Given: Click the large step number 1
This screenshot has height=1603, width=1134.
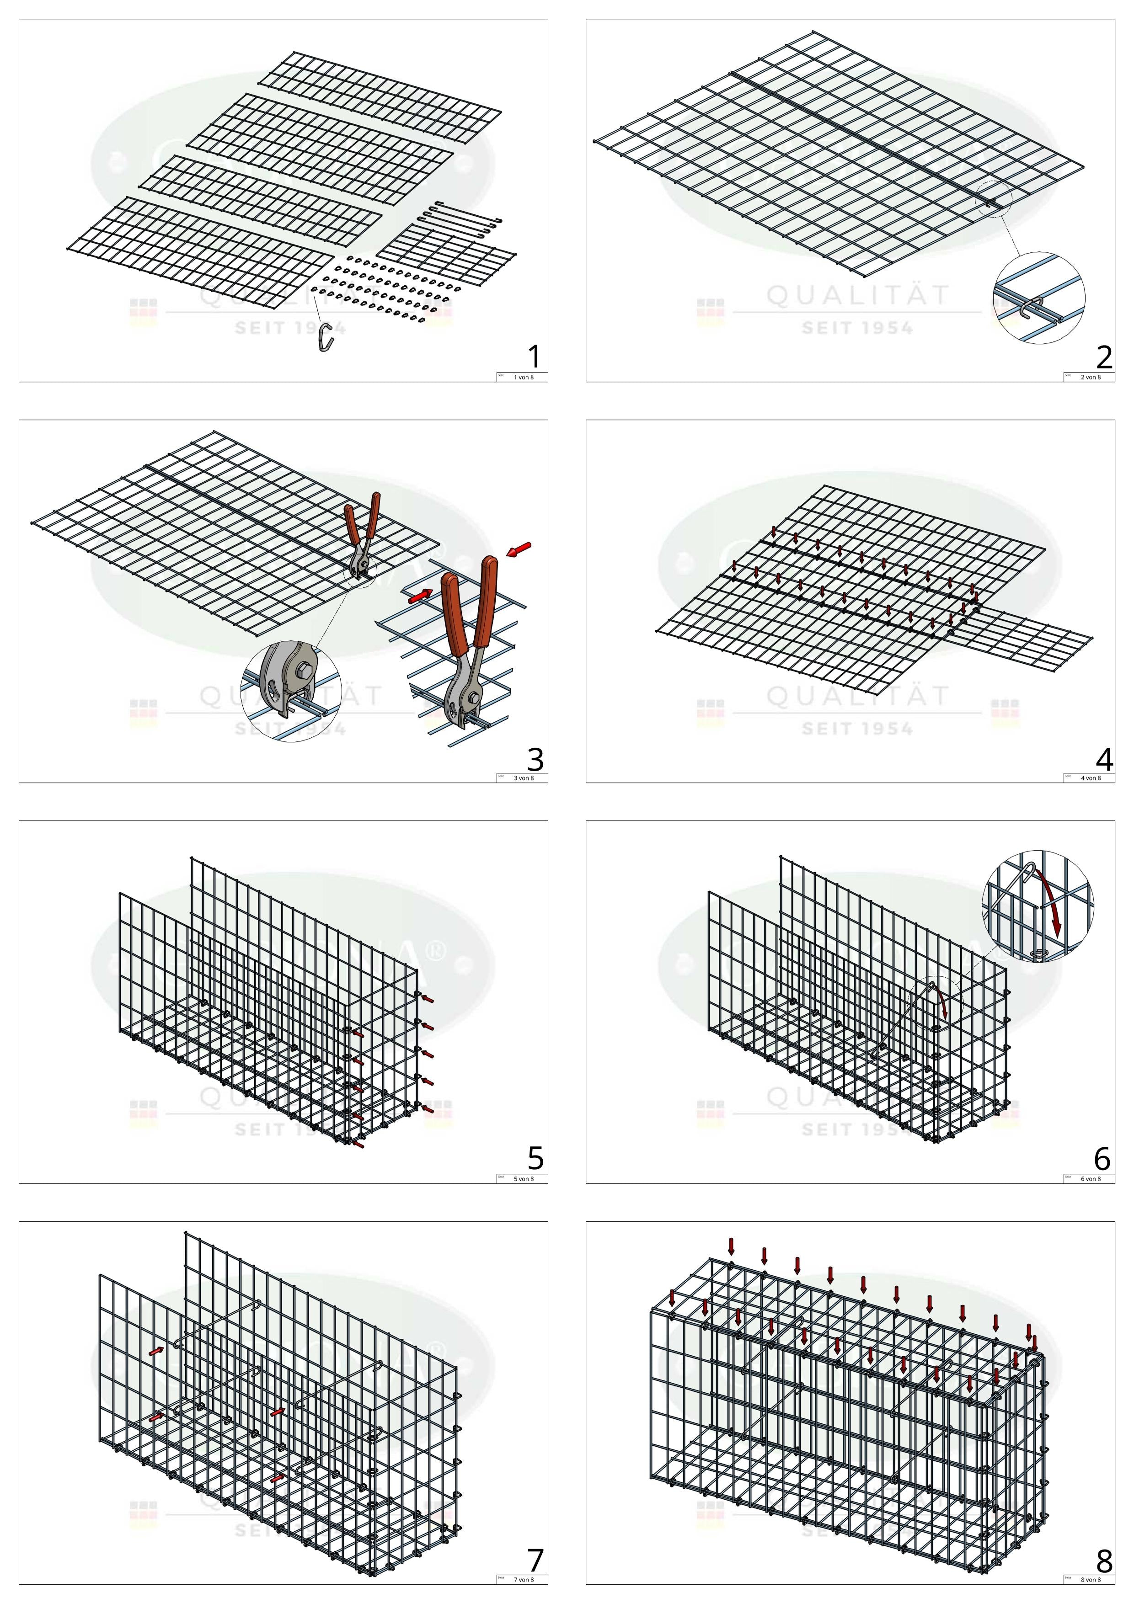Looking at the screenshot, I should pos(534,357).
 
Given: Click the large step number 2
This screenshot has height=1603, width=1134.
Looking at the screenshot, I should pos(1103,357).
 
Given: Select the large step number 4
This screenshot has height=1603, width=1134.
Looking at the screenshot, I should pos(1103,758).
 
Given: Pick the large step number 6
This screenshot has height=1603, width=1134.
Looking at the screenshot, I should pos(1102,1159).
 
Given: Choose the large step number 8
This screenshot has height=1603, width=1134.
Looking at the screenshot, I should pos(1103,1560).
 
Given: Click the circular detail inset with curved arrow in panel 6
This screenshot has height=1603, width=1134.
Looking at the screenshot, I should pos(1038,905).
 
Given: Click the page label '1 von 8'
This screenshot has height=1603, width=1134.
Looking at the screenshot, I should pos(524,377).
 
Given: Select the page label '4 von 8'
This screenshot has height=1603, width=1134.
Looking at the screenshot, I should pos(1091,778).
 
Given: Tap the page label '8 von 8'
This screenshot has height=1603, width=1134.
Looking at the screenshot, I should pos(1091,1579).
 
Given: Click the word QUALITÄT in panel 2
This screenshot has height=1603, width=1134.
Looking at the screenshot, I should pos(857,296).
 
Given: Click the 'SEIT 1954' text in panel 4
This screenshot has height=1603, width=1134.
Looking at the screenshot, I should pos(857,729).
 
